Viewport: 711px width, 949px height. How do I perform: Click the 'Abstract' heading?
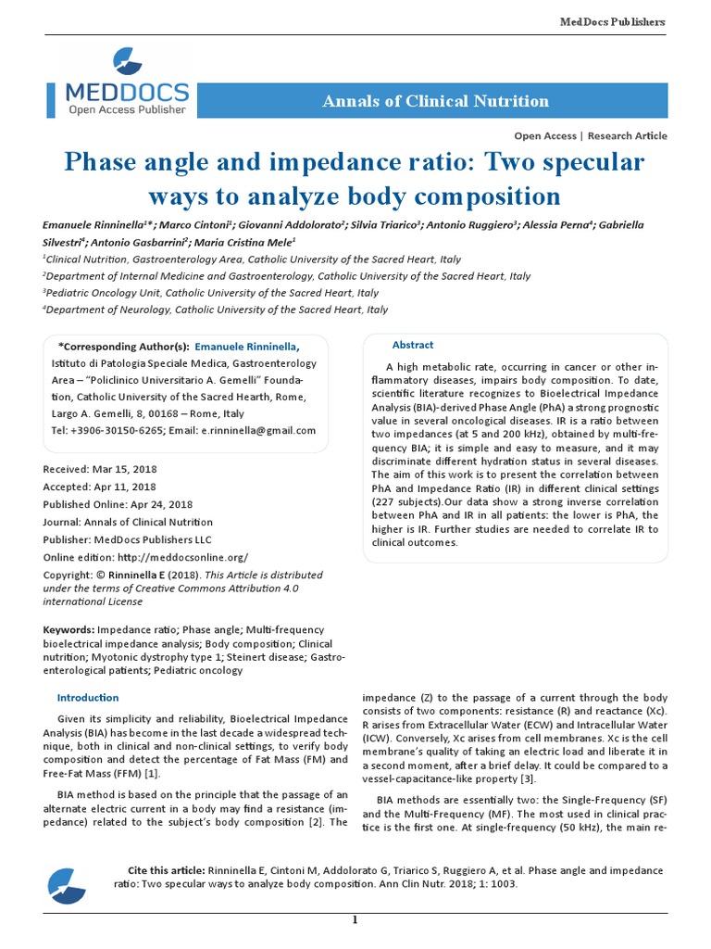(413, 345)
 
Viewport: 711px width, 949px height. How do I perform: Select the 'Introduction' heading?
(88, 697)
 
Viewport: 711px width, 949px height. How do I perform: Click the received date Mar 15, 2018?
(143, 469)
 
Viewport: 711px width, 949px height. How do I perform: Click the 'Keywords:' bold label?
(69, 629)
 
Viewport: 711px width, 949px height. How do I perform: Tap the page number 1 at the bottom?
(355, 919)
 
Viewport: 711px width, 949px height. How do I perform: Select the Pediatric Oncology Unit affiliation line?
(212, 293)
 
